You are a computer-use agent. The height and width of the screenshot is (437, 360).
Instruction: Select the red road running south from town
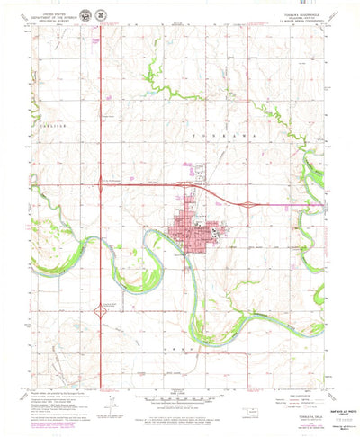[185, 297]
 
